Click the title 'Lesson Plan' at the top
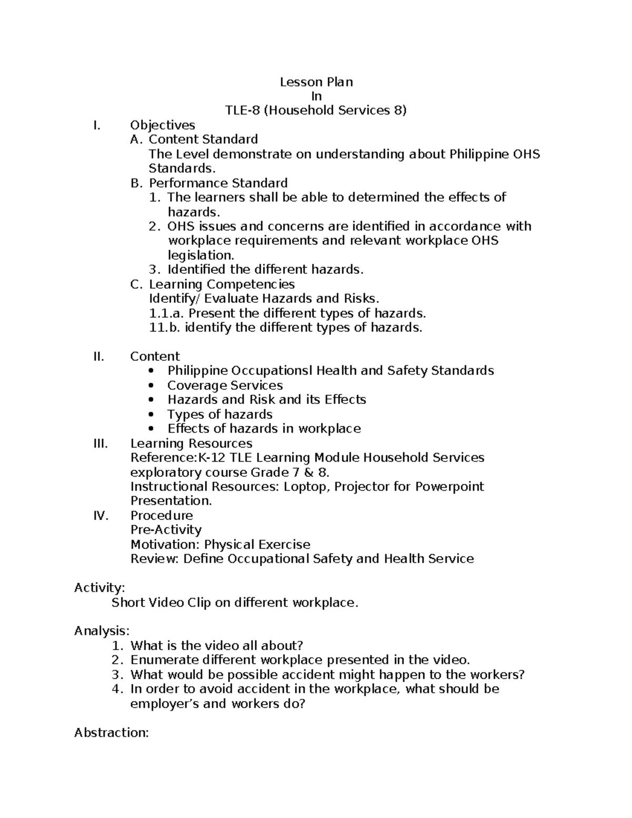pyautogui.click(x=316, y=82)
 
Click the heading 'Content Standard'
pyautogui.click(x=203, y=140)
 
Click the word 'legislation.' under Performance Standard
pyautogui.click(x=201, y=255)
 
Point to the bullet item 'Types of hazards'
pyautogui.click(x=220, y=415)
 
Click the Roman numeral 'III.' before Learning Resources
pyautogui.click(x=100, y=444)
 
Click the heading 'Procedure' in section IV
pyautogui.click(x=161, y=516)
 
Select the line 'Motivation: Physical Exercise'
pyautogui.click(x=220, y=545)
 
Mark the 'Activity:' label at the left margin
pyautogui.click(x=100, y=588)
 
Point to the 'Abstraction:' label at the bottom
pyautogui.click(x=112, y=733)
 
